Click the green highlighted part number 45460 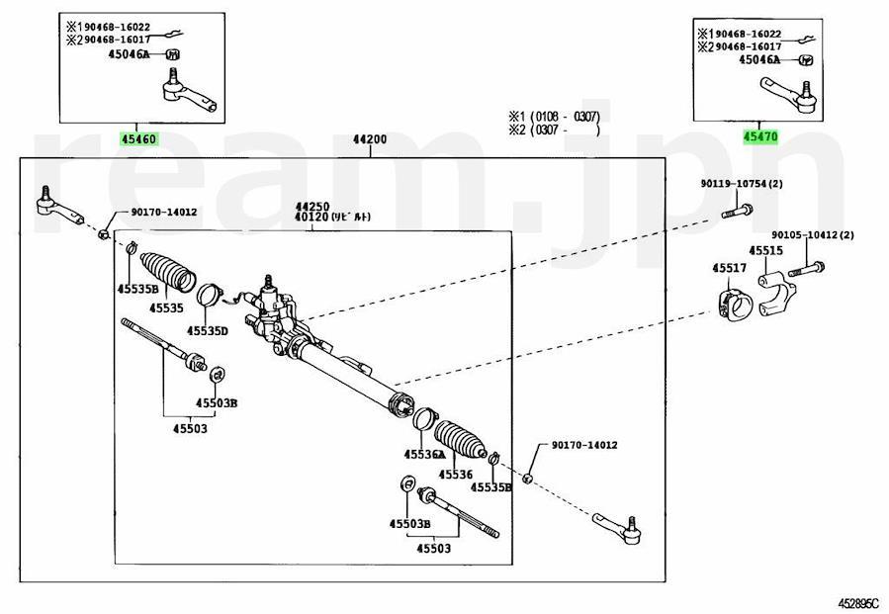click(x=138, y=139)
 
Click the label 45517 click(x=729, y=267)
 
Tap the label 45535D click(x=209, y=330)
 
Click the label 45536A click(x=423, y=454)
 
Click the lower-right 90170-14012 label click(x=577, y=445)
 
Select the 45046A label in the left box click(x=128, y=55)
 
